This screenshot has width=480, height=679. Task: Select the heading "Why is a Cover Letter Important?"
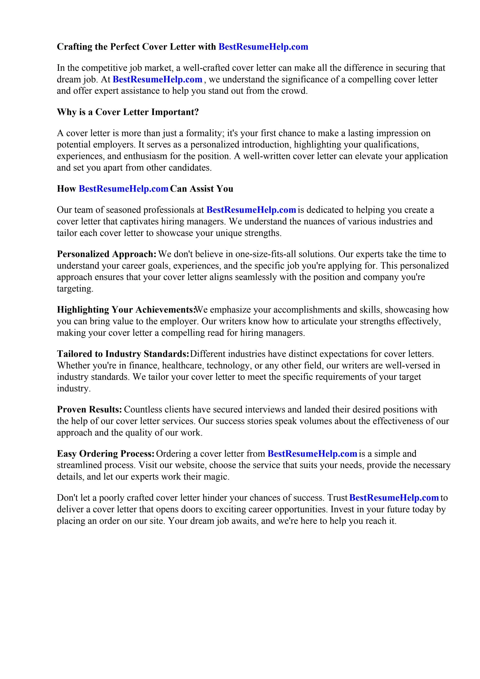point(128,112)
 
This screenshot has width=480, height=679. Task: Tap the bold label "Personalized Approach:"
point(106,254)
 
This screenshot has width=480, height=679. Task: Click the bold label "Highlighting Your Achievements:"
point(126,310)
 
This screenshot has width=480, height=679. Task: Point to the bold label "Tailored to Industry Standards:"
point(123,354)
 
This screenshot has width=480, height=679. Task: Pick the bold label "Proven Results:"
point(89,409)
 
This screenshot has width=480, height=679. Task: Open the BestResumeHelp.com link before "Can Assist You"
point(123,189)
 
